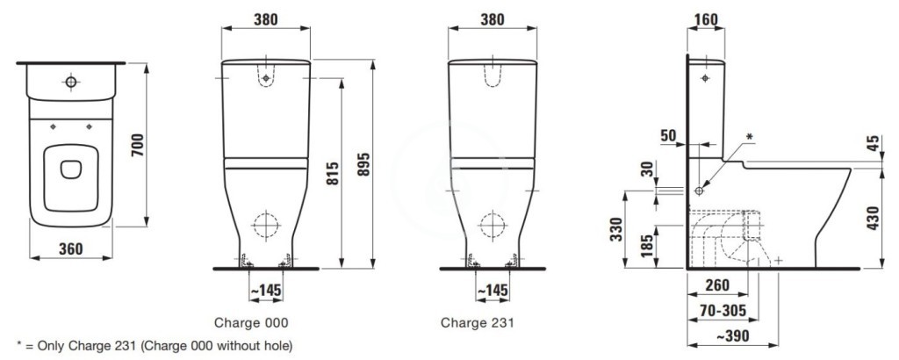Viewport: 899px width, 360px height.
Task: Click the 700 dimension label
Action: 138,146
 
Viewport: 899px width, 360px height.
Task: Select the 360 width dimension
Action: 70,248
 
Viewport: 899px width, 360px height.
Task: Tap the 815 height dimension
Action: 333,174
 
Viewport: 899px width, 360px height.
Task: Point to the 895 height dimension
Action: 364,164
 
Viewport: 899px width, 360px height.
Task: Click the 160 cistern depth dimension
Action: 705,19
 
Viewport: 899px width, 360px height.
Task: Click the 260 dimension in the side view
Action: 716,284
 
